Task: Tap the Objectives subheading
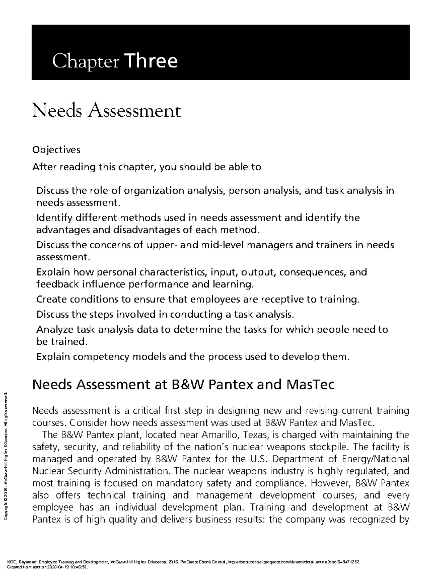(56, 149)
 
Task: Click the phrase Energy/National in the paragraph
(376, 459)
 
